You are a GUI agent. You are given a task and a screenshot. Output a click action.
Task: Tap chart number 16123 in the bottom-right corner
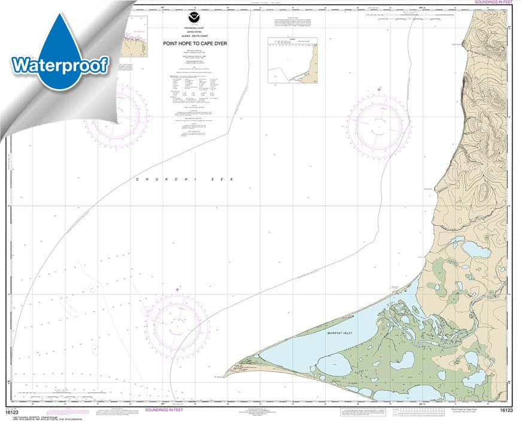tap(506, 410)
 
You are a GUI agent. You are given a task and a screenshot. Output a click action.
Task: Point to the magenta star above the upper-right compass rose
tap(378, 90)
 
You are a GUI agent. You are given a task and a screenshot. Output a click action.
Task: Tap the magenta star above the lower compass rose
tap(177, 290)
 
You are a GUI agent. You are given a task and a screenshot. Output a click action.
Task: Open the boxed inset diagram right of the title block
tap(292, 60)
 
